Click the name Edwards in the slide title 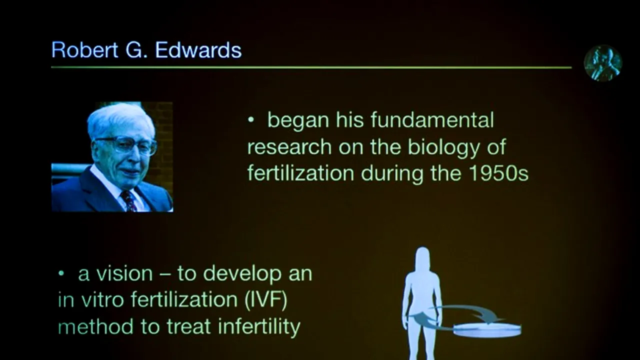[x=198, y=50]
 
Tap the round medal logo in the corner [x=602, y=63]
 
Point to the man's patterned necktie [x=128, y=200]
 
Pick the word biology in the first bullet [x=443, y=147]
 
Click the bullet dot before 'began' [x=251, y=121]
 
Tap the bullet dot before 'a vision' [x=61, y=274]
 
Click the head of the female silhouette [x=423, y=257]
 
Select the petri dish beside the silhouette [x=487, y=329]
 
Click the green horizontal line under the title [x=310, y=67]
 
